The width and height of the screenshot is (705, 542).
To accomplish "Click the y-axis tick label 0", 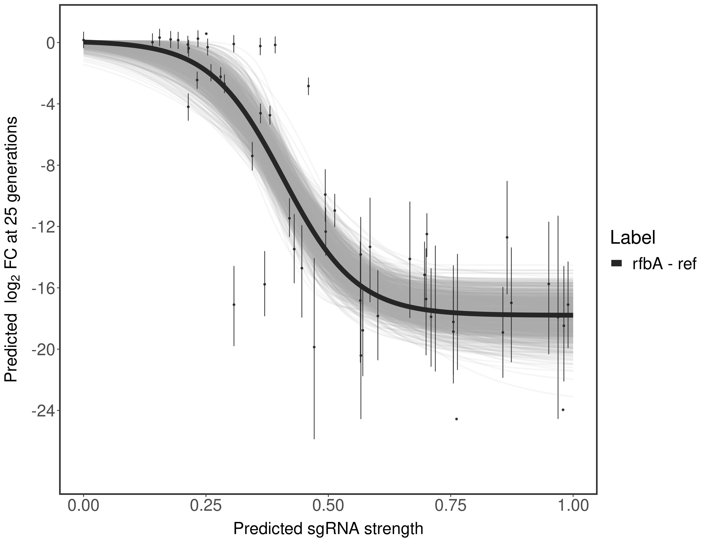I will pos(51,43).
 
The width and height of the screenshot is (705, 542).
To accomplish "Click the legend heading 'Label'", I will pos(633,238).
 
